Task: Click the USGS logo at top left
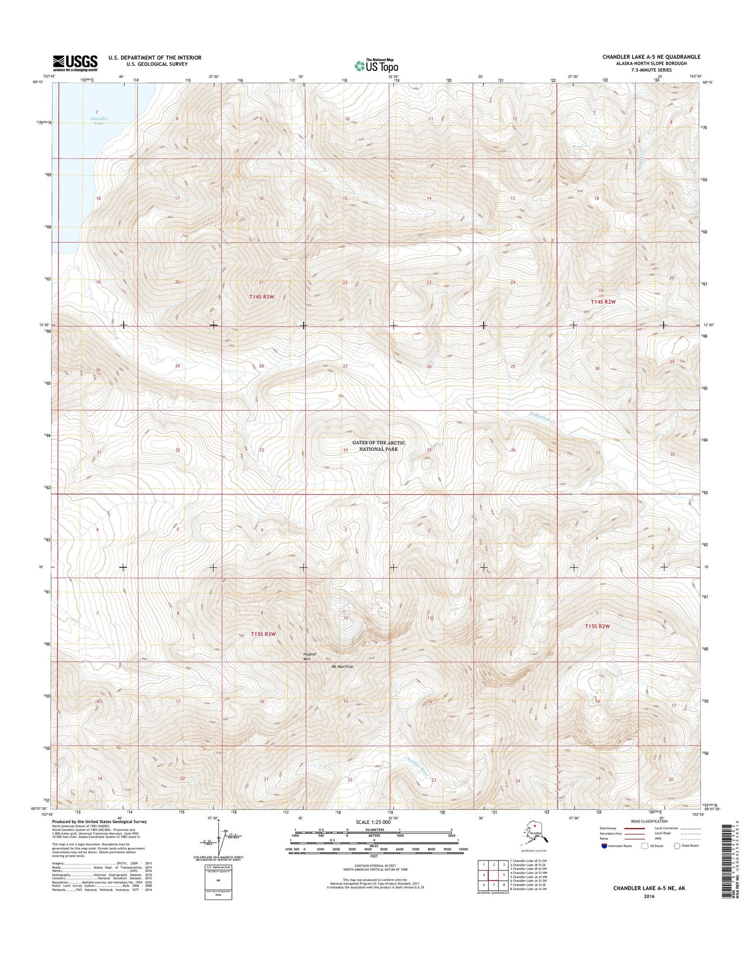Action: (75, 63)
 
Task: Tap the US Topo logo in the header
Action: (376, 65)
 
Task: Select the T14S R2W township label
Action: (603, 302)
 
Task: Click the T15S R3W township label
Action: (263, 634)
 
